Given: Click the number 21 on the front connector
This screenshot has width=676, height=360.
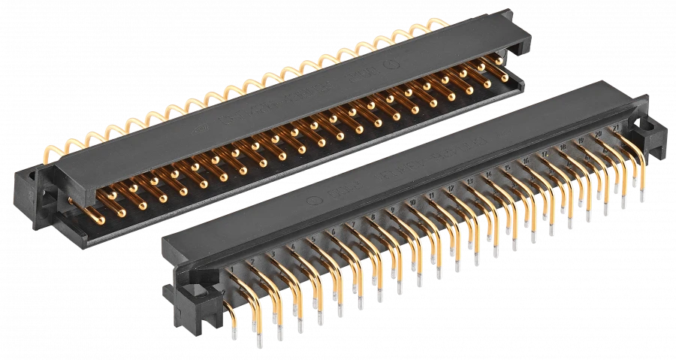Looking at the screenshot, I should [616, 129].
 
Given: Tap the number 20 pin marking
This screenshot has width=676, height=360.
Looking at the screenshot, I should [598, 134].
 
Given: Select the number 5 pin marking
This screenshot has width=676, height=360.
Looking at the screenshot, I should [313, 240].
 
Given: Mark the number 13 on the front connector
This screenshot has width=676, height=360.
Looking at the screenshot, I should [469, 182].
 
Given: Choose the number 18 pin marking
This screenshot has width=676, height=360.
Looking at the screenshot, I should [563, 147].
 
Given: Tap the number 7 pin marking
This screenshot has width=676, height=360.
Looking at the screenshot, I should [352, 225].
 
